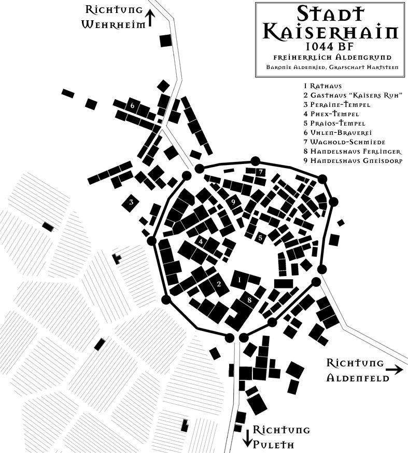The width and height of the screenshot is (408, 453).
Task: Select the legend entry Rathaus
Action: (x=323, y=86)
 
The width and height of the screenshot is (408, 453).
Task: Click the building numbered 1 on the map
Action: (x=239, y=280)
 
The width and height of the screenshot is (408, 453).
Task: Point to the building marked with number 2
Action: (x=219, y=284)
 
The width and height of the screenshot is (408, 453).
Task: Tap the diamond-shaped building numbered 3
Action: (x=132, y=202)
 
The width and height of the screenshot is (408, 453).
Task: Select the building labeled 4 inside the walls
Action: (x=201, y=241)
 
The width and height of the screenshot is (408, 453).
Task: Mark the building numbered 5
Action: (x=261, y=238)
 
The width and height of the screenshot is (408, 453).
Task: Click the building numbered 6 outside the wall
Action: (x=133, y=106)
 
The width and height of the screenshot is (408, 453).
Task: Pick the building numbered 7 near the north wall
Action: (x=261, y=172)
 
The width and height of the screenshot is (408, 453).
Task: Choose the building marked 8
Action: (x=249, y=300)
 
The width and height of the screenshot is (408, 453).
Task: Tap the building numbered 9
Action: (x=234, y=202)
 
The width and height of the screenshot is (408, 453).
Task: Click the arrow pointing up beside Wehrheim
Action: (x=150, y=18)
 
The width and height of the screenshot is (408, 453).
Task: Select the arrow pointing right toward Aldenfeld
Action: (x=395, y=369)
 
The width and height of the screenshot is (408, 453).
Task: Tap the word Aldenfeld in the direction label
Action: (x=358, y=378)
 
